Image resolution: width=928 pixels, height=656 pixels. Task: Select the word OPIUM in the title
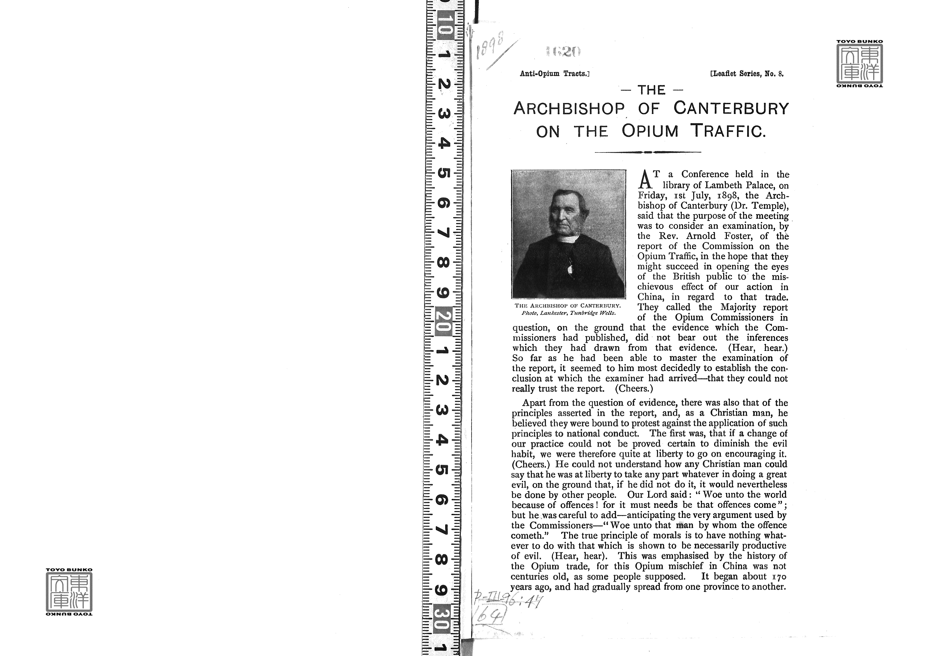pos(650,131)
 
